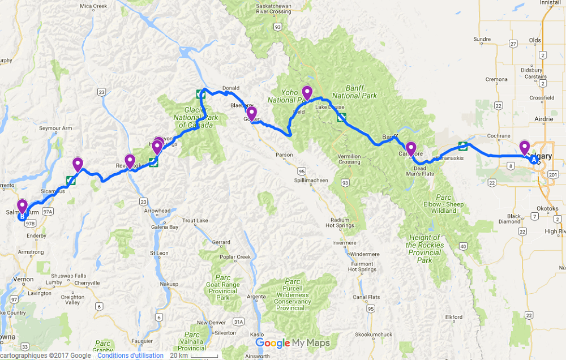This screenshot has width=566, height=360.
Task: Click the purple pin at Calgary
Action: (524, 147)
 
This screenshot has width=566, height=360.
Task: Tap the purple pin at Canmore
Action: (411, 149)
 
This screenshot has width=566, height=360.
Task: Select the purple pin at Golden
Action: (251, 114)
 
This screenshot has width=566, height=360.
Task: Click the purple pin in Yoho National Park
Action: (307, 92)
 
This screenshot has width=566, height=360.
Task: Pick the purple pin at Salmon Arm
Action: (23, 207)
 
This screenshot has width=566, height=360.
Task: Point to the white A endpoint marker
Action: (533, 160)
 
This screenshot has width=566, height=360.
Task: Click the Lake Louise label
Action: (329, 106)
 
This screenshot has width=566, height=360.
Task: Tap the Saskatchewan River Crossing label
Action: (274, 8)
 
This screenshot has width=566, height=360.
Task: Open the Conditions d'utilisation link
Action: (130, 355)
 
